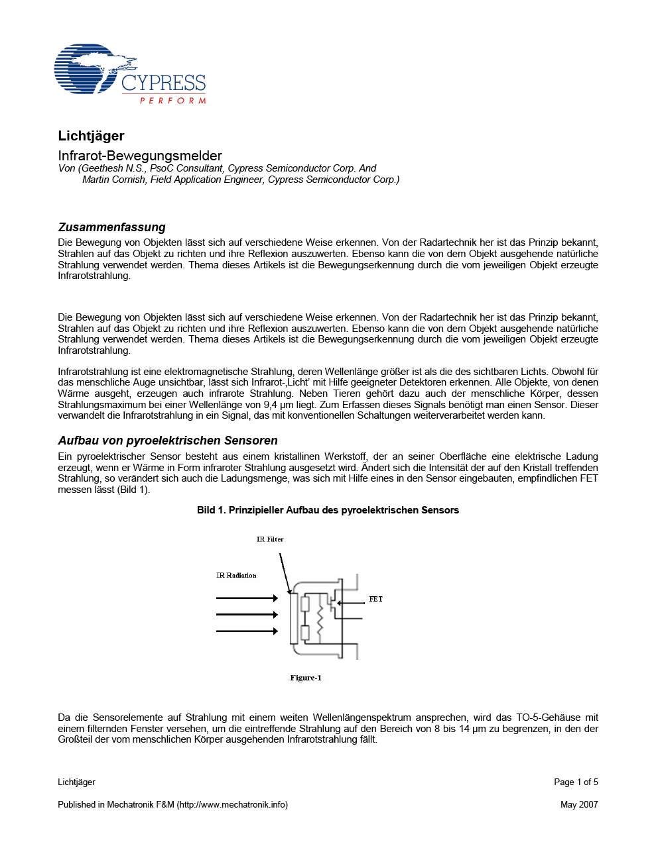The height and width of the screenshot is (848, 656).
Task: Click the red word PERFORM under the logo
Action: pyautogui.click(x=172, y=101)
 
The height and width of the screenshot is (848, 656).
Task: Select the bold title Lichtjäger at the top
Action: pyautogui.click(x=91, y=136)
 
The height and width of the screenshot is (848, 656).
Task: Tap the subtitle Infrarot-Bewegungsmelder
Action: pyautogui.click(x=140, y=156)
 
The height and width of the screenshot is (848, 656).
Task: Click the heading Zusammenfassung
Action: pyautogui.click(x=111, y=227)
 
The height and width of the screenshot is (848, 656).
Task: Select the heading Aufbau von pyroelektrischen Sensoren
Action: pyautogui.click(x=168, y=441)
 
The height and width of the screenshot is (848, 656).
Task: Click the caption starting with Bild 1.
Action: pyautogui.click(x=328, y=510)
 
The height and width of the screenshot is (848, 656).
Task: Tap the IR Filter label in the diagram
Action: pyautogui.click(x=270, y=539)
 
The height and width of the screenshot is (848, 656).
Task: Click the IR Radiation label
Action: pyautogui.click(x=236, y=575)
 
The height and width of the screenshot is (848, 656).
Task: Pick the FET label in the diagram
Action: pyautogui.click(x=375, y=599)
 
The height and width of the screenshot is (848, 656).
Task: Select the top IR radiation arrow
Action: pyautogui.click(x=247, y=598)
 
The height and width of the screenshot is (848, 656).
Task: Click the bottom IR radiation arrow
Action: pyautogui.click(x=247, y=631)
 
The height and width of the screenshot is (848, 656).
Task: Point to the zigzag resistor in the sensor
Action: pyautogui.click(x=320, y=620)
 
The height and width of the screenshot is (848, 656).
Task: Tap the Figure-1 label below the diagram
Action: pyautogui.click(x=306, y=678)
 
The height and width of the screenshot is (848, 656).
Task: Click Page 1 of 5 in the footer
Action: pyautogui.click(x=576, y=782)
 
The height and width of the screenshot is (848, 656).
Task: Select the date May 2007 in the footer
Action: pyautogui.click(x=579, y=804)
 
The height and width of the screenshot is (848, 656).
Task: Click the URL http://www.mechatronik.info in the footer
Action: pyautogui.click(x=232, y=804)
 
